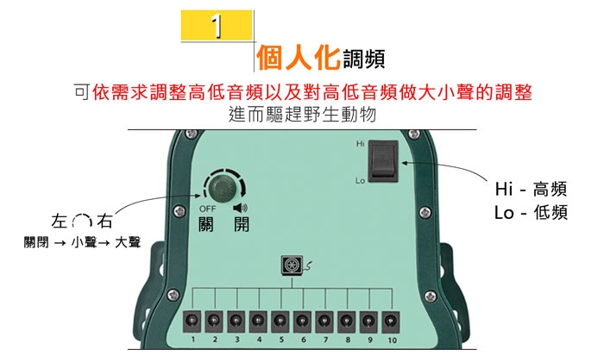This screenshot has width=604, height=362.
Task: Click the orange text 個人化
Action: (297, 57)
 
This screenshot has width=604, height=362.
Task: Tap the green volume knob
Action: (222, 186)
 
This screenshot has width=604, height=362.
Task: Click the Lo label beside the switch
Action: (360, 181)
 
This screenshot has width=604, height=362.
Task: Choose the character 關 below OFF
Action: (207, 227)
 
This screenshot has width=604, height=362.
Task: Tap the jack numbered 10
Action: (391, 321)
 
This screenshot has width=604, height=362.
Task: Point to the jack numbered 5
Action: (280, 321)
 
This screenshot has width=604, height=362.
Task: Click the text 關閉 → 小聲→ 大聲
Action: (82, 244)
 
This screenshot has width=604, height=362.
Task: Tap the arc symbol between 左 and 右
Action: (82, 222)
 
